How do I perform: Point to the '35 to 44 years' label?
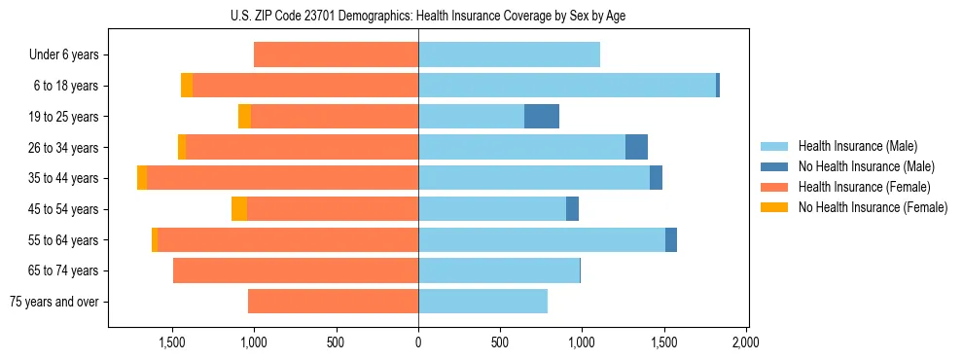(63, 178)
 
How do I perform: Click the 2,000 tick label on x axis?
(745, 342)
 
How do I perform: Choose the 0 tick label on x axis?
(418, 342)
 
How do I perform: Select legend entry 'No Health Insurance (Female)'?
(873, 207)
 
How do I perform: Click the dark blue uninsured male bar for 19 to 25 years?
(542, 117)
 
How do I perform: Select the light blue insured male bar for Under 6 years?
(509, 54)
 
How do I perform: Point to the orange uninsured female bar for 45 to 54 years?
(239, 209)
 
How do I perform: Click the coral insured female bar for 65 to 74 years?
(296, 270)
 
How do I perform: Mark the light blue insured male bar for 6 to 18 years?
(567, 86)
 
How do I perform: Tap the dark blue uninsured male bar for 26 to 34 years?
(636, 147)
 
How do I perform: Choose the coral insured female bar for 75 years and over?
(333, 302)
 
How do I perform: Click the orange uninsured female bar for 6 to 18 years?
(187, 86)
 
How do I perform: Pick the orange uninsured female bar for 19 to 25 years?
(244, 117)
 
